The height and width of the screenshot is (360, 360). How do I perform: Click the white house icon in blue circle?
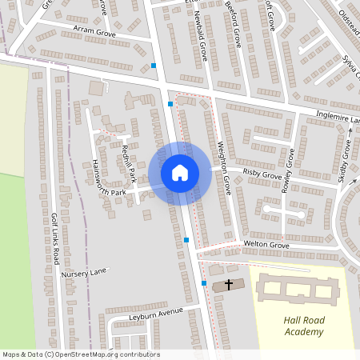coord(180,172)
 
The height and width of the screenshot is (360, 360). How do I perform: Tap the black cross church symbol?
coord(229,284)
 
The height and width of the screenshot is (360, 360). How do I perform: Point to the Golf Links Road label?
coord(55,239)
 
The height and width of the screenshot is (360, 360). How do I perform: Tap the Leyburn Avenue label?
coord(156,312)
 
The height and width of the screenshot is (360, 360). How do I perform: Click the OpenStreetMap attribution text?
coord(81,354)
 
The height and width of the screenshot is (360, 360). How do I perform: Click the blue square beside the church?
coord(204,283)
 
